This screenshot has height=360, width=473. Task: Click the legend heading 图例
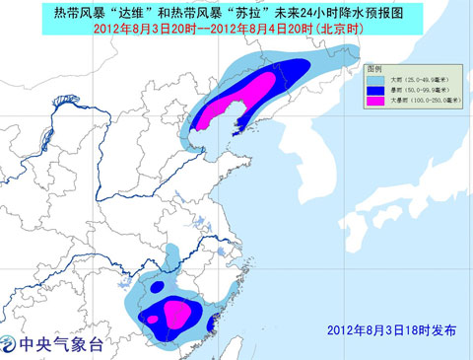(x=374, y=70)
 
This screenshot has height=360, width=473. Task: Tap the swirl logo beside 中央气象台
(x=9, y=346)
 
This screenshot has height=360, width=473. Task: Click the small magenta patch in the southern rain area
(x=176, y=313)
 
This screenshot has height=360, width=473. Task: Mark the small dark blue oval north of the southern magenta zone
(x=157, y=287)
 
